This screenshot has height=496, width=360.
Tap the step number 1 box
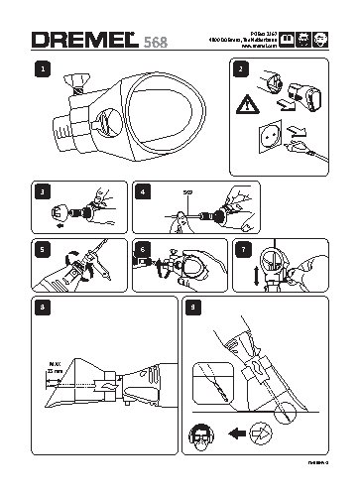pos(40,69)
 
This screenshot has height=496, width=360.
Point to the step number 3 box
pos(41,189)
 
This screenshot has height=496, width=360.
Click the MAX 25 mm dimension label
pos(43,375)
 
